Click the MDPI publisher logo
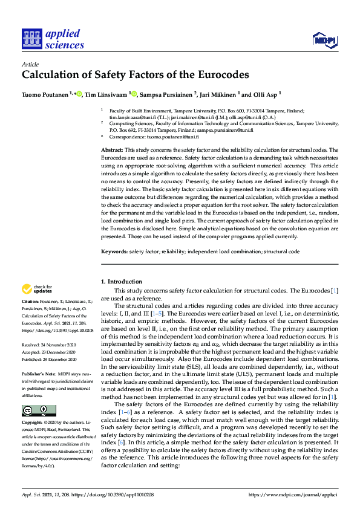[324, 41]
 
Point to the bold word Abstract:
[111, 149]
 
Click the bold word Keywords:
[114, 250]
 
